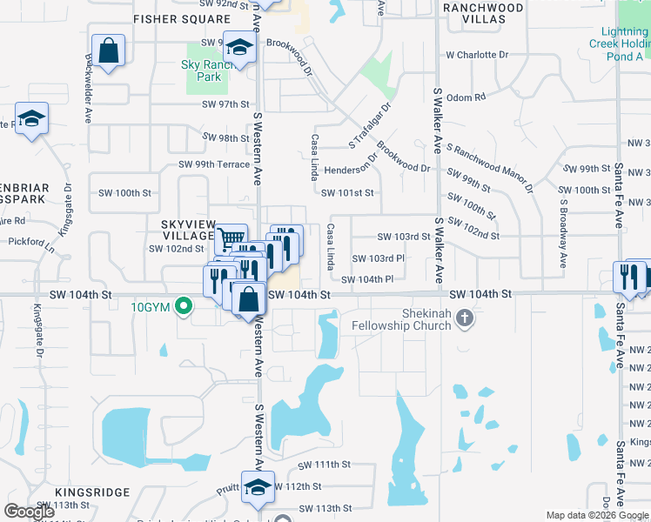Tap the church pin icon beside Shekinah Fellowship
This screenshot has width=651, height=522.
click(464, 318)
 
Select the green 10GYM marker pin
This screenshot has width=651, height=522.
click(183, 306)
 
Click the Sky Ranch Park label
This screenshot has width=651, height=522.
click(202, 70)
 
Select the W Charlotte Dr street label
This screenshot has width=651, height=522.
click(477, 55)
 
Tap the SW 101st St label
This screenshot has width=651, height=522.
click(346, 193)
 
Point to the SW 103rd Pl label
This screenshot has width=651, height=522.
click(378, 258)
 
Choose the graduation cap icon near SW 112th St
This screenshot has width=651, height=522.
click(258, 488)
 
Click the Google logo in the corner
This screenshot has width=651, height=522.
click(29, 512)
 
